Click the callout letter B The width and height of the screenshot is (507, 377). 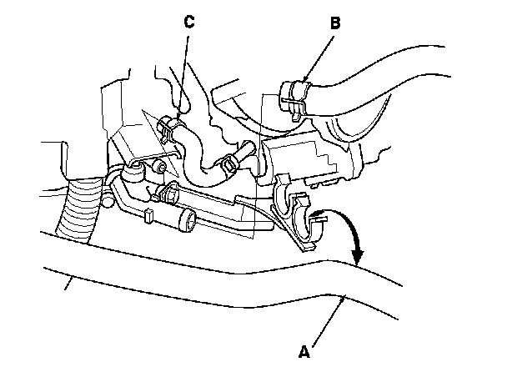point(334,23)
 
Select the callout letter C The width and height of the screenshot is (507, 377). point(189,22)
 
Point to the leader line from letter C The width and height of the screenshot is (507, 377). point(183,75)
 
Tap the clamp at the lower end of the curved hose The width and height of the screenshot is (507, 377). point(228,163)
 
